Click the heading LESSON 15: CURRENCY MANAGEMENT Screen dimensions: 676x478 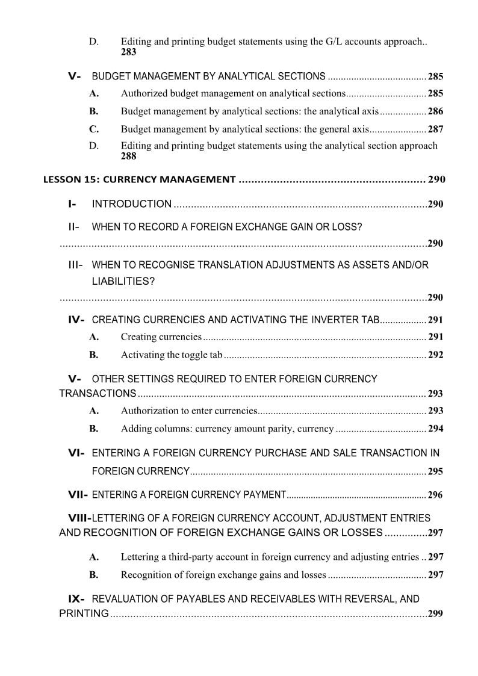[139, 179]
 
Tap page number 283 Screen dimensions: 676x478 [128, 52]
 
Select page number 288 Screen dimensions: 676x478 [128, 157]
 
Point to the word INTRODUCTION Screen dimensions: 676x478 [131, 204]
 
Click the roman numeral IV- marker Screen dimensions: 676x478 [76, 320]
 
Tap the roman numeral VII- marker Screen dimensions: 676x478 [78, 495]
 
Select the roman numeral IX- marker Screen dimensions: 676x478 [76, 599]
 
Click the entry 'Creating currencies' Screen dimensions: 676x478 [161, 337]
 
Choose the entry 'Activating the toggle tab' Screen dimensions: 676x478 [172, 355]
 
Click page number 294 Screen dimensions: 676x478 [435, 429]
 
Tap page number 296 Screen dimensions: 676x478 [435, 495]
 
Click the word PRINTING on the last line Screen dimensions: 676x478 [84, 613]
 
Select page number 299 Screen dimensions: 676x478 [435, 614]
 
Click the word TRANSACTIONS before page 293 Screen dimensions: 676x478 [98, 394]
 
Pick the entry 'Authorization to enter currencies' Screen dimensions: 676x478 [189, 411]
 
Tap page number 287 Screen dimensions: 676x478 [435, 129]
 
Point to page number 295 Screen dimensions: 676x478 [435, 471]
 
